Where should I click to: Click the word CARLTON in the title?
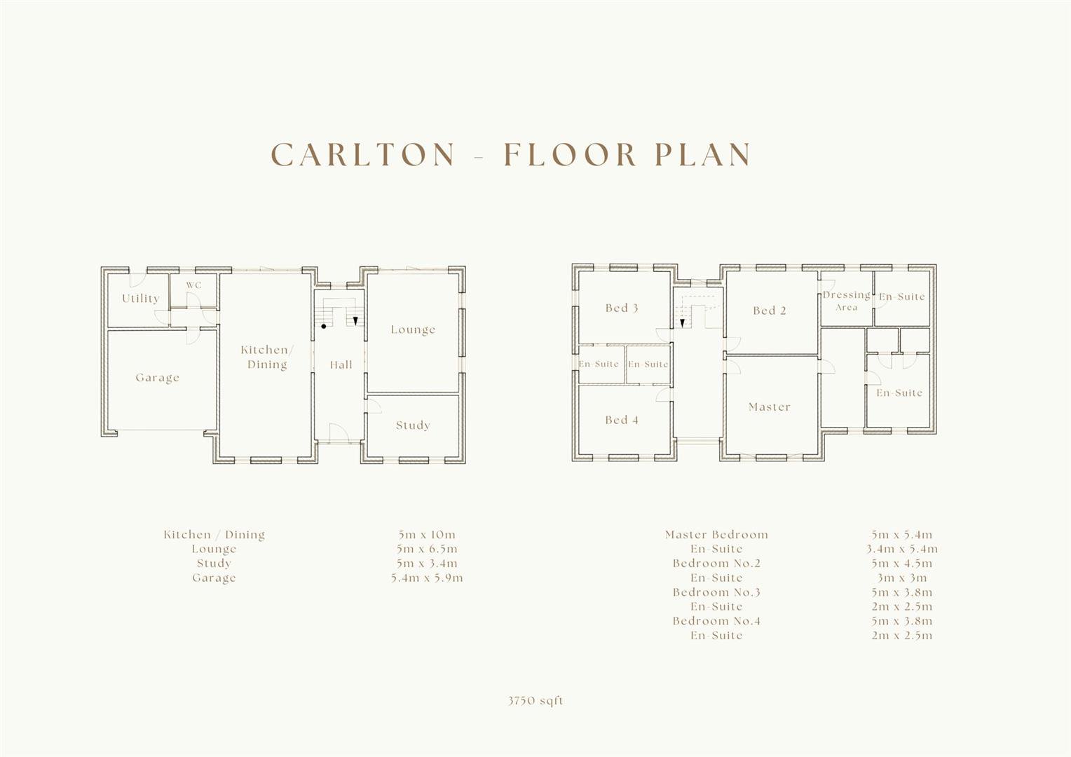[x=363, y=154]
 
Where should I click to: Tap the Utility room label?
[x=141, y=299]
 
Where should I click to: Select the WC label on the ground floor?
[x=193, y=285]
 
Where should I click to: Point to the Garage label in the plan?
[x=157, y=378]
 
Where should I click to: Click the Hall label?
[x=341, y=365]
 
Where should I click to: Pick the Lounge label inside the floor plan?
[x=413, y=329]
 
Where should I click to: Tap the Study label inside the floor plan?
[x=413, y=425]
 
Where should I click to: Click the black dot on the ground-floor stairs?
[x=324, y=326]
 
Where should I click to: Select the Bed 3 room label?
[x=622, y=308]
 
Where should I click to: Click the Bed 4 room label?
[x=622, y=420]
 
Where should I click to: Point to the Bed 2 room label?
[x=770, y=311]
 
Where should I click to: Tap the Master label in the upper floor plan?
[x=770, y=407]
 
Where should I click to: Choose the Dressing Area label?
[x=846, y=301]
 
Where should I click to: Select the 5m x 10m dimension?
[x=426, y=535]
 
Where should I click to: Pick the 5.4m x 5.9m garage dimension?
[x=427, y=578]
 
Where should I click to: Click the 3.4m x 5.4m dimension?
[x=902, y=549]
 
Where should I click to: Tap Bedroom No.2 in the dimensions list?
[x=716, y=564]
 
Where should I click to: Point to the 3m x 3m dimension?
[x=902, y=578]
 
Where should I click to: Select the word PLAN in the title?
[x=703, y=154]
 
